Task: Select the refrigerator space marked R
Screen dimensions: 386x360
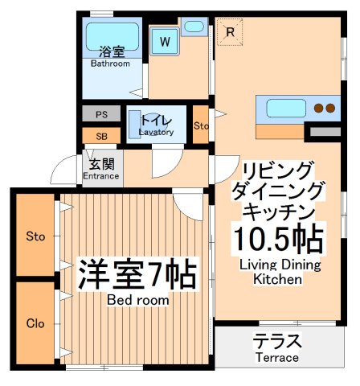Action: click(230, 33)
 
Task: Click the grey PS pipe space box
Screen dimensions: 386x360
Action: click(101, 114)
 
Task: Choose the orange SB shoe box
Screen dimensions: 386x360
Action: click(101, 136)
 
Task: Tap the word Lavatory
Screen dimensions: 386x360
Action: click(156, 132)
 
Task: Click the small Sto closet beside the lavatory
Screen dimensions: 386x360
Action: click(201, 125)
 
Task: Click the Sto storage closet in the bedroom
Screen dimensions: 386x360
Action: click(35, 236)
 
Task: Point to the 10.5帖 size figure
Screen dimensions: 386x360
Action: click(278, 240)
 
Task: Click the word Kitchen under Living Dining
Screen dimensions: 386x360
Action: click(278, 281)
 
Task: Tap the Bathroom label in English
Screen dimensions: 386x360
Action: click(110, 64)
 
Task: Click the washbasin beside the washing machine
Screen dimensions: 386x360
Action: click(194, 27)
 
